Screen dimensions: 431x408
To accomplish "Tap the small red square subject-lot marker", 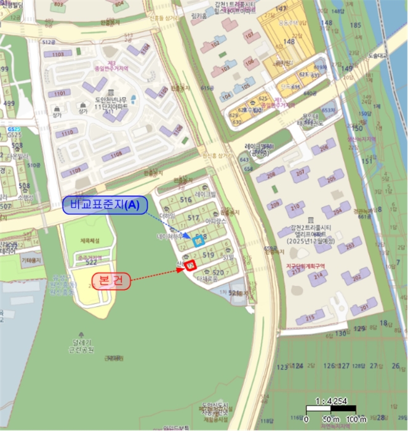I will point(190,265).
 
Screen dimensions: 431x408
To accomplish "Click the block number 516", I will point(186,199).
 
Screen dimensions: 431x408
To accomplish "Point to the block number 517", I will point(194,218).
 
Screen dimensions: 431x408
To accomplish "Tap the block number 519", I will point(208,254).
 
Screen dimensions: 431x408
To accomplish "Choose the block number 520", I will point(217,272).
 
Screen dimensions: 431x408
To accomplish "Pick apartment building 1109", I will point(74,171).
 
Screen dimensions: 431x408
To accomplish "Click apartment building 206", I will point(322,150).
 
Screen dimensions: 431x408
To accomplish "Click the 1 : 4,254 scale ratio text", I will point(335,401).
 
